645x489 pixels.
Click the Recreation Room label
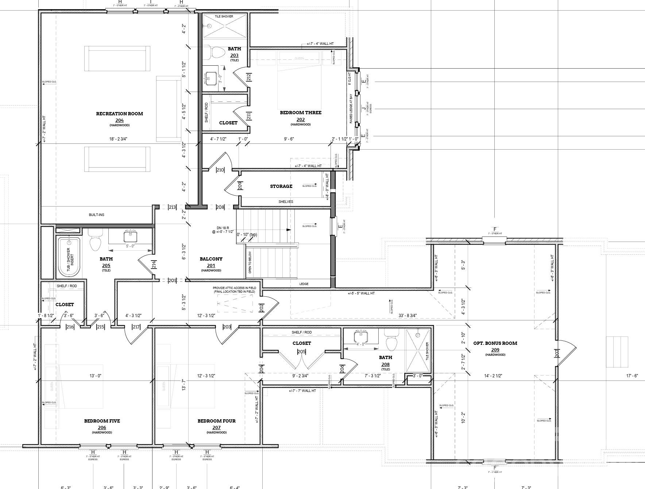click(119, 113)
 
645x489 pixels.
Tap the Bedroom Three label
click(301, 112)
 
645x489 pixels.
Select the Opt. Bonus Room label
click(495, 343)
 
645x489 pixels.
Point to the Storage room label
click(281, 186)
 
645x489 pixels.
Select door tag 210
click(220, 170)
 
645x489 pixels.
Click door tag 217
click(136, 327)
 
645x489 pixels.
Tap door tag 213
click(172, 207)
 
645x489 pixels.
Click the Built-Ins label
click(96, 215)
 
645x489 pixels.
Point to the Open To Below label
click(250, 262)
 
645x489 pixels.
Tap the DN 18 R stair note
click(220, 230)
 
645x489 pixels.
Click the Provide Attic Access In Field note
click(235, 290)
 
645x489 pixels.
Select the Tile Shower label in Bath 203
click(224, 16)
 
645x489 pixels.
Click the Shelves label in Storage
click(286, 201)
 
